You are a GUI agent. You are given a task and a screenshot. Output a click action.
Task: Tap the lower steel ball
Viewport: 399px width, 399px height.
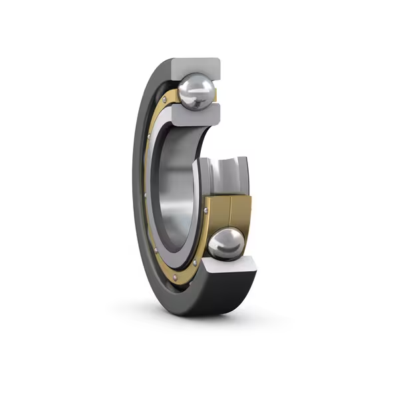coord(225,243)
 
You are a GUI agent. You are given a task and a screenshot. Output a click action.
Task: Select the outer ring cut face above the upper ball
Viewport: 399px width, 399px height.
coord(196,66)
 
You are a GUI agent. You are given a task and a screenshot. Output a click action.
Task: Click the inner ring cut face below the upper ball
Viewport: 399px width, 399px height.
coord(197,115)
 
